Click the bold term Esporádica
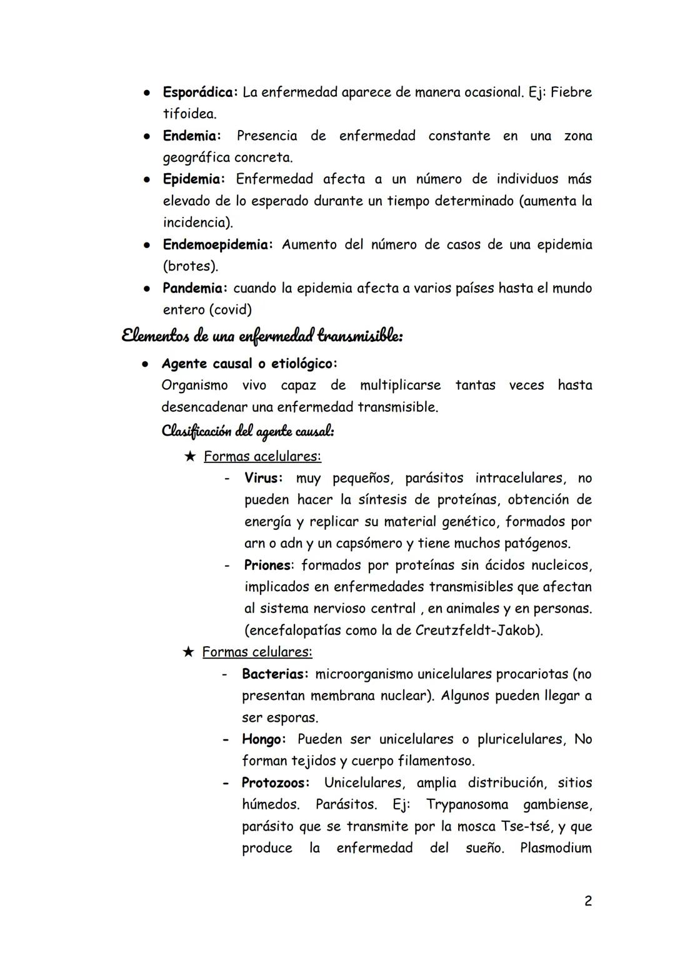click(199, 92)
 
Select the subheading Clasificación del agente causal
click(247, 431)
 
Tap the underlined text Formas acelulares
click(262, 457)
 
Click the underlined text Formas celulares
click(257, 652)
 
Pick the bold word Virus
click(262, 479)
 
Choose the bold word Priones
click(267, 566)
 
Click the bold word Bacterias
click(275, 674)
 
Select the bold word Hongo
click(263, 739)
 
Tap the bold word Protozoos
click(276, 783)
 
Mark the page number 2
click(587, 901)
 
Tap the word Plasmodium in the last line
click(556, 849)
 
